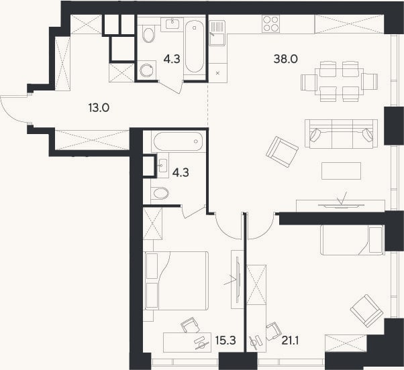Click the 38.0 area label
click(285, 59)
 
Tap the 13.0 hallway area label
click(99, 107)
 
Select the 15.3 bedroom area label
click(225, 341)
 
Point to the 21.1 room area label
click(290, 341)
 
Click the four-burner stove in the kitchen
click(271, 23)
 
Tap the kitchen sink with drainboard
click(217, 33)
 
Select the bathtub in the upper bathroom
click(195, 46)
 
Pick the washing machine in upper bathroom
click(147, 70)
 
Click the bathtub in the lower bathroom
click(178, 141)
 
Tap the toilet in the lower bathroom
click(160, 193)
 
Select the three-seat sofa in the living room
click(341, 134)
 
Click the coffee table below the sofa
click(341, 171)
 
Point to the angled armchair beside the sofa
click(282, 151)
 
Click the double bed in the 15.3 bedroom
click(176, 280)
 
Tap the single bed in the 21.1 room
click(352, 240)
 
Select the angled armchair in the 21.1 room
click(366, 311)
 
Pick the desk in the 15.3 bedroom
click(187, 343)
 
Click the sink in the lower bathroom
click(163, 165)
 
